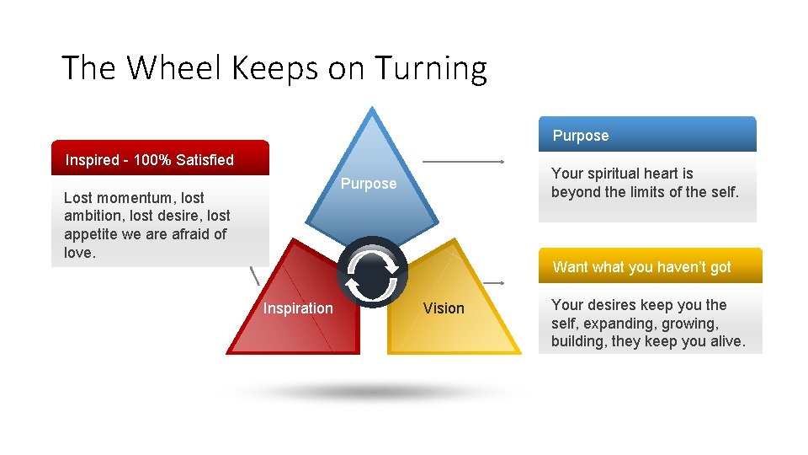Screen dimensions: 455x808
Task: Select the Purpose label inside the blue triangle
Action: point(369,184)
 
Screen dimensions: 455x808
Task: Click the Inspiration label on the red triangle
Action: point(298,308)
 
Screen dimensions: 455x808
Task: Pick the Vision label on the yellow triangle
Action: point(444,308)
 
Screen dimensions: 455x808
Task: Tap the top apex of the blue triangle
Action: point(372,109)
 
